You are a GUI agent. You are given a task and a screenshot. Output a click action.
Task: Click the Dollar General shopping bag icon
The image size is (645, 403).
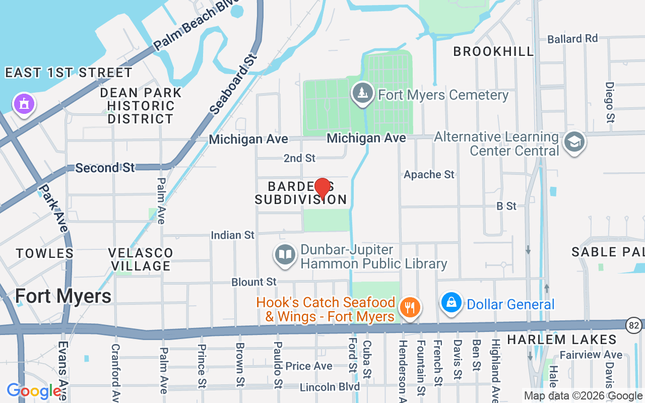(451, 303)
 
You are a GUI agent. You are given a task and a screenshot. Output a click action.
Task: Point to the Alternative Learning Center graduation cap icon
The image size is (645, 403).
(574, 143)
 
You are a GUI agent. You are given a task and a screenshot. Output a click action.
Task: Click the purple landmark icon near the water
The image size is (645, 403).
(23, 104)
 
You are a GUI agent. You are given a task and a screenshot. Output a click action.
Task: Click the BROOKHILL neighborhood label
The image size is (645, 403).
(493, 51)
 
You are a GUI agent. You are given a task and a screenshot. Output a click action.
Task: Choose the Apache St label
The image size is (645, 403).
(429, 174)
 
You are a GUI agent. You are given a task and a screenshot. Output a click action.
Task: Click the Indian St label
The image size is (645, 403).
(233, 235)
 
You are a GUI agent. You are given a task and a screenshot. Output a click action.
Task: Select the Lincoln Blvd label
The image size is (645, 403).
(330, 387)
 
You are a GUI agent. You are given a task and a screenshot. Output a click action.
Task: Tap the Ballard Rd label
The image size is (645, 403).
(572, 39)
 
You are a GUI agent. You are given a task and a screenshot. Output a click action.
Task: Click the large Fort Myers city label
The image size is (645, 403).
(63, 296)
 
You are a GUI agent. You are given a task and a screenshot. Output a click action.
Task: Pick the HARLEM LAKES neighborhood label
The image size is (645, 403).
(562, 340)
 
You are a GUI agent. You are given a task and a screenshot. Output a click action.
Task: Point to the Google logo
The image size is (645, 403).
(34, 390)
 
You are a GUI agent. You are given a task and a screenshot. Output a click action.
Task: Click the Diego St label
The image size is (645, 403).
(610, 102)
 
